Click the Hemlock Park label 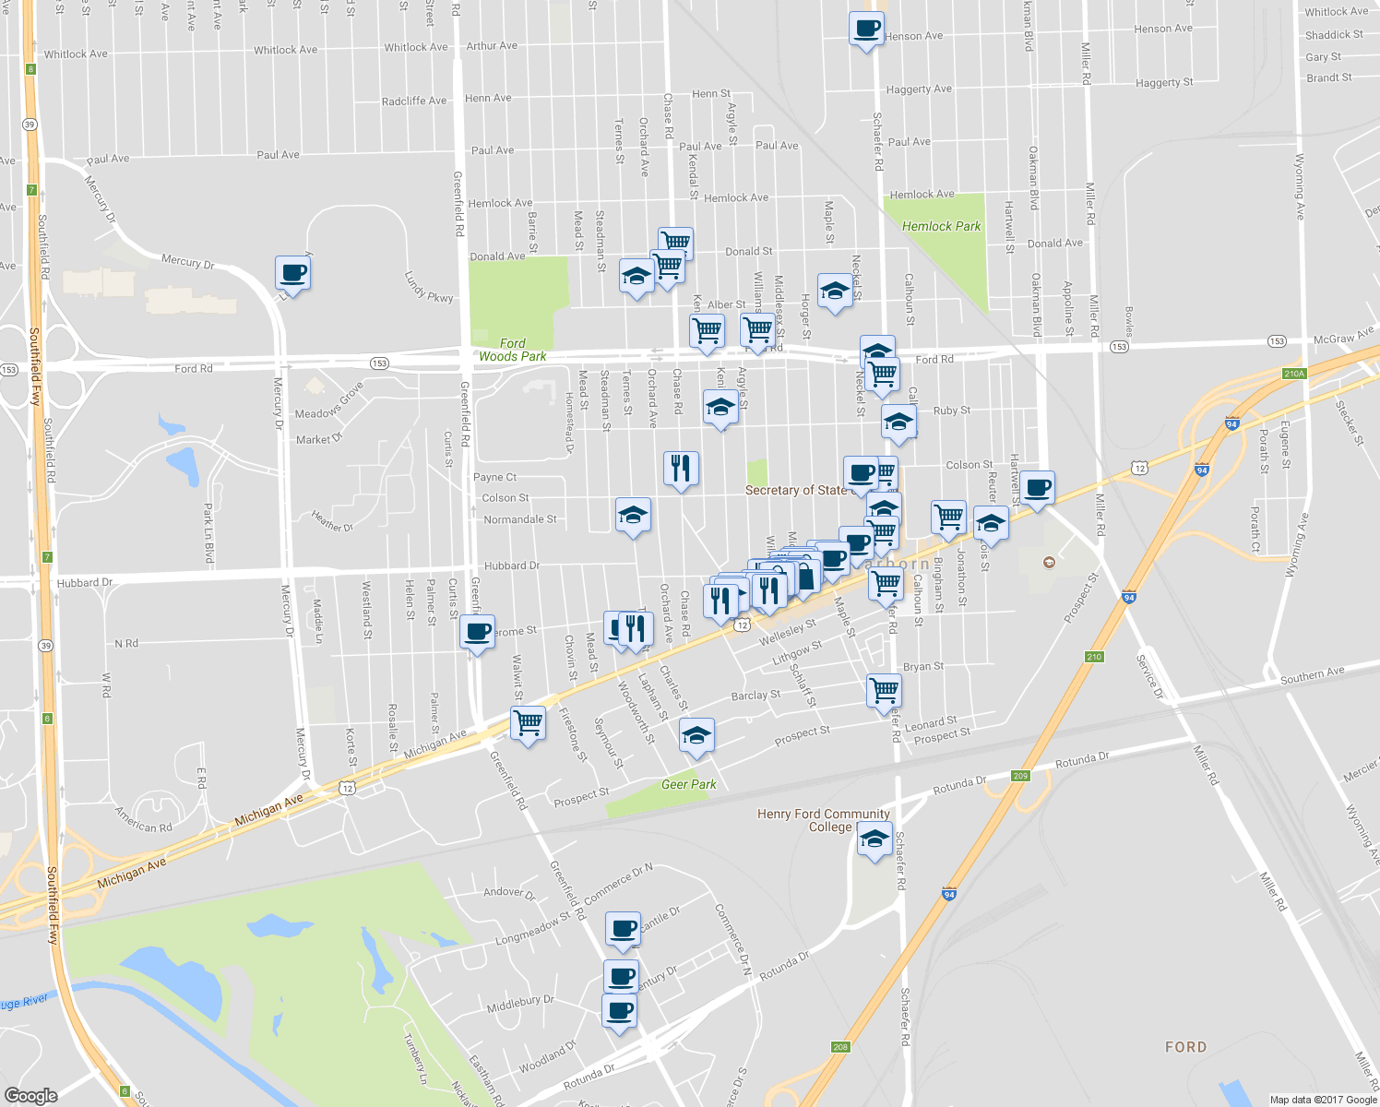pyautogui.click(x=941, y=226)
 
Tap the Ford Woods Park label pyautogui.click(x=513, y=350)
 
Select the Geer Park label pyautogui.click(x=688, y=784)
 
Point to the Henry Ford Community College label pyautogui.click(x=823, y=820)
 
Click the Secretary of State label pyautogui.click(x=795, y=490)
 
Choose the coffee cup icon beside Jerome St pyautogui.click(x=477, y=633)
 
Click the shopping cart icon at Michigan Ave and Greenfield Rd pyautogui.click(x=528, y=723)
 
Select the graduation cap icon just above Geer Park pyautogui.click(x=696, y=736)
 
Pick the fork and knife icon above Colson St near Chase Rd pyautogui.click(x=681, y=469)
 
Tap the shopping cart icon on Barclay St pyautogui.click(x=884, y=690)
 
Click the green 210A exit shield pyautogui.click(x=1294, y=374)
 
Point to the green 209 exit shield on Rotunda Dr pyautogui.click(x=1019, y=776)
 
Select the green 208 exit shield pyautogui.click(x=839, y=1046)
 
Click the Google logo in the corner pyautogui.click(x=30, y=1095)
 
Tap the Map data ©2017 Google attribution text pyautogui.click(x=1323, y=1100)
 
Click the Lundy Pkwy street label pyautogui.click(x=429, y=286)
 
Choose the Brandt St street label pyautogui.click(x=1328, y=77)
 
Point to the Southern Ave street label pyautogui.click(x=1312, y=676)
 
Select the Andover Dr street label pyautogui.click(x=509, y=892)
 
